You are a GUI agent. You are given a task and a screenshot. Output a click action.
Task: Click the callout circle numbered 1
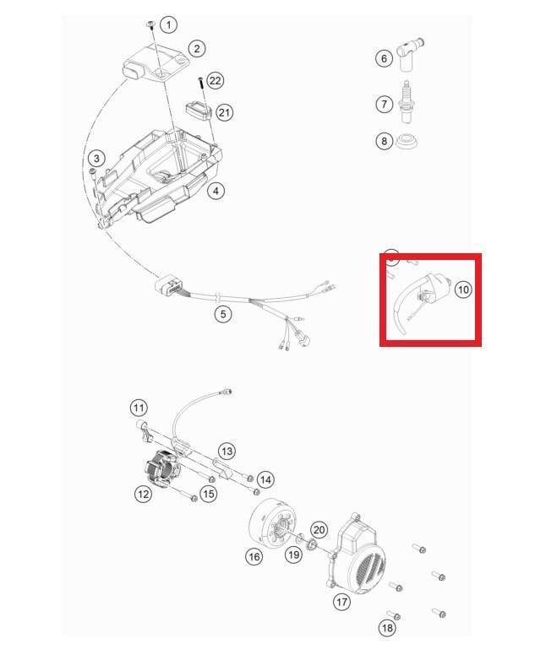click(169, 24)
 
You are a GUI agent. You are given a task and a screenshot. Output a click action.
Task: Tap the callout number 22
click(215, 80)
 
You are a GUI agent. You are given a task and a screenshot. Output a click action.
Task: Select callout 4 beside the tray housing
click(216, 191)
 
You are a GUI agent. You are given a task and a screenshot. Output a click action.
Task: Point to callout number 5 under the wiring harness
click(222, 314)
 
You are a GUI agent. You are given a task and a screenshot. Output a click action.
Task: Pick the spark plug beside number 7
click(406, 102)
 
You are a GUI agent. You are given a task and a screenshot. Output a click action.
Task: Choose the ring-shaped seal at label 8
click(407, 141)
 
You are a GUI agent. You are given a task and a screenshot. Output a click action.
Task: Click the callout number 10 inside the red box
click(463, 289)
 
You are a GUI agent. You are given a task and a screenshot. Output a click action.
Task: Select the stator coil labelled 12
click(162, 468)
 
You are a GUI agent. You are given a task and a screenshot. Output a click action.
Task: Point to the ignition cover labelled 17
click(357, 555)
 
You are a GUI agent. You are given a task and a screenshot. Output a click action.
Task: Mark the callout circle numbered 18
click(386, 628)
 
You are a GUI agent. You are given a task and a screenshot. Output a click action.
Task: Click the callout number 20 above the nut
click(319, 529)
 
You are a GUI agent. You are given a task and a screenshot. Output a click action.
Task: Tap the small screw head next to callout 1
click(150, 24)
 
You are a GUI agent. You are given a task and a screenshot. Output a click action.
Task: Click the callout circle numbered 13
click(227, 452)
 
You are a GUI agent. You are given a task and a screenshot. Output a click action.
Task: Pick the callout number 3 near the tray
click(96, 159)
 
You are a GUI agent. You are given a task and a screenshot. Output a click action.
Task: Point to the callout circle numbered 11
click(139, 408)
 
